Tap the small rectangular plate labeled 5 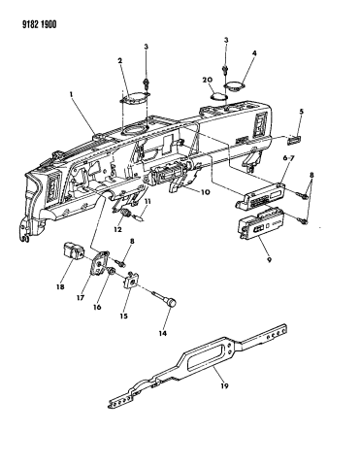coord(299,139)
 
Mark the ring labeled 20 coord(217,98)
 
